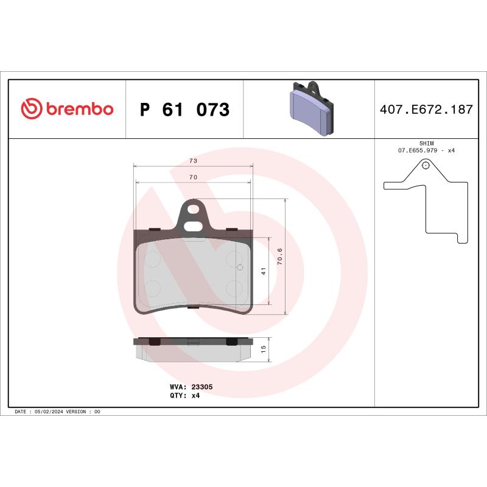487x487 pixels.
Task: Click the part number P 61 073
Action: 184,110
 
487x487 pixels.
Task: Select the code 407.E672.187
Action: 426,110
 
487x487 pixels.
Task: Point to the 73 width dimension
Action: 193,161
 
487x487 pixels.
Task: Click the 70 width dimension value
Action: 193,177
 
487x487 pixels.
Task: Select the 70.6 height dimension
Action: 279,256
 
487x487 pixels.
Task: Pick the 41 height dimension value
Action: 264,272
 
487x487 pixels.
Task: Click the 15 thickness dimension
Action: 264,349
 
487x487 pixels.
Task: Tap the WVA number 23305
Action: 201,387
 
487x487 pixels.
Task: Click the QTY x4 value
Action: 195,395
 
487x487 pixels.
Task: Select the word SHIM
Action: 426,142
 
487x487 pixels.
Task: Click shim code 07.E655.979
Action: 419,150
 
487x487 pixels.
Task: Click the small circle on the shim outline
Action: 426,164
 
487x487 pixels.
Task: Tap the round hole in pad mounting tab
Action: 194,211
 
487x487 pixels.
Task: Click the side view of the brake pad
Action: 193,349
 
